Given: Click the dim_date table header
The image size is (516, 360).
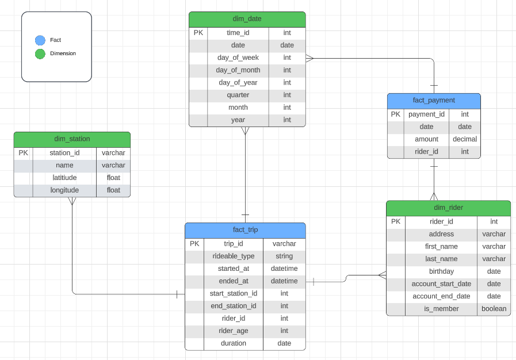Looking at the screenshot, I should [x=247, y=19].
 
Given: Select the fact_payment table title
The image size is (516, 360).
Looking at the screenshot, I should [x=434, y=101].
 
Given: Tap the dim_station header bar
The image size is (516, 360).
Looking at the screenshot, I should [x=72, y=139].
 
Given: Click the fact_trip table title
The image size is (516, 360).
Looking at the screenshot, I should [x=245, y=230].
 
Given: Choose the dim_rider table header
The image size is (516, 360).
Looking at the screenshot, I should [x=448, y=208].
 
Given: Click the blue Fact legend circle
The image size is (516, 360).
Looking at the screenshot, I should [x=40, y=40].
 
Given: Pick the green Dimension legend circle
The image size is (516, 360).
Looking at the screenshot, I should [x=40, y=54].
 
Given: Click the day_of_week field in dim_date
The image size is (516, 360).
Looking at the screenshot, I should [x=238, y=58].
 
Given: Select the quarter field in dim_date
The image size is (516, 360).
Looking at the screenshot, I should [x=238, y=95].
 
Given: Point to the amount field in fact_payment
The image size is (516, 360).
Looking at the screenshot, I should [x=426, y=139].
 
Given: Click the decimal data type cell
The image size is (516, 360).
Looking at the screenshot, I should [x=465, y=139].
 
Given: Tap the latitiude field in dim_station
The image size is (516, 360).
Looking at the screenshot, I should [x=64, y=178].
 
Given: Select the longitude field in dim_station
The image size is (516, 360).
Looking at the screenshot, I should [x=64, y=190].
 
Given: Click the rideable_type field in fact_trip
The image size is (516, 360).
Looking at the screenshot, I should [x=233, y=256].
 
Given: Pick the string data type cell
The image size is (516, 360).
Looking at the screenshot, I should [x=284, y=256].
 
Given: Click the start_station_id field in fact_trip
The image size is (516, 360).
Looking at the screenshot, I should [x=233, y=294].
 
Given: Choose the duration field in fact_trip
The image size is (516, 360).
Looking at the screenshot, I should [x=233, y=343].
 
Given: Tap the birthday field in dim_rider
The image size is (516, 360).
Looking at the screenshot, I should [x=441, y=271].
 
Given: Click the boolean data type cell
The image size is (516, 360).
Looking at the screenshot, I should [x=494, y=309].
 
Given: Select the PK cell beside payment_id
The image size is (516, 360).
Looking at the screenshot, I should [x=395, y=114].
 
